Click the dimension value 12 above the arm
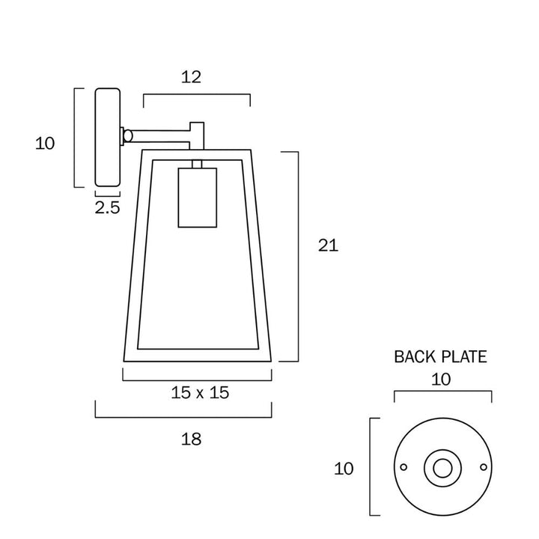(191, 77)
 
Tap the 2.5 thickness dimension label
(107, 207)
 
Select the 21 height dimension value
(328, 246)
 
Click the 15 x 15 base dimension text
(200, 392)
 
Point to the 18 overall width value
(191, 439)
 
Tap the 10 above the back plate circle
(441, 380)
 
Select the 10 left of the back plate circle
(344, 469)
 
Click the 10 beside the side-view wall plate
(45, 143)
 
